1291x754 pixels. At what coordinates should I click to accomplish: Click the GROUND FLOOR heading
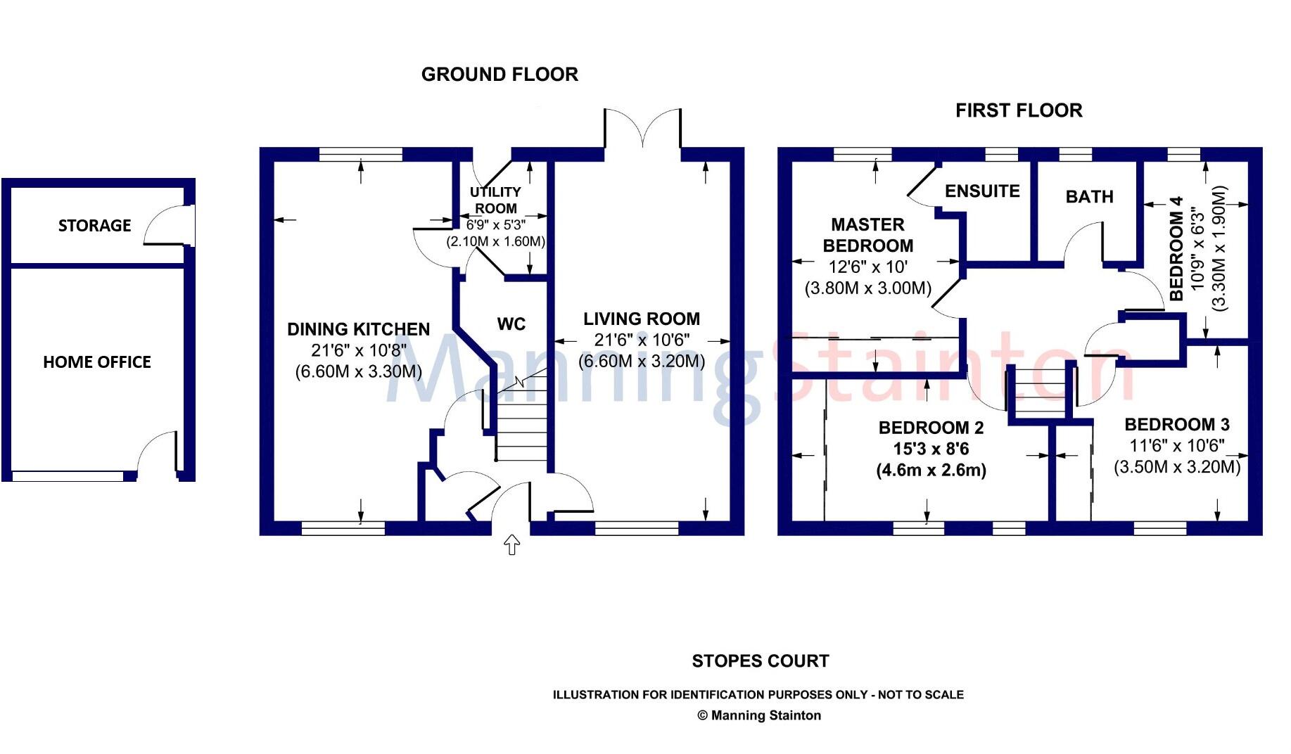click(500, 75)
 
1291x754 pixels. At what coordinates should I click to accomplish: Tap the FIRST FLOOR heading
click(1018, 110)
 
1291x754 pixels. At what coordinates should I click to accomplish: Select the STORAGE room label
click(94, 226)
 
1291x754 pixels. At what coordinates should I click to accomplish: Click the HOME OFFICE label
click(97, 362)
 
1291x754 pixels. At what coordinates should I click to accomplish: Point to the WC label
click(511, 324)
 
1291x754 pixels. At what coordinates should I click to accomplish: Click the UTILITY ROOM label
click(495, 200)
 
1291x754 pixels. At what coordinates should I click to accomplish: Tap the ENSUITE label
click(982, 191)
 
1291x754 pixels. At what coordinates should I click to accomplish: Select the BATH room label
click(1089, 197)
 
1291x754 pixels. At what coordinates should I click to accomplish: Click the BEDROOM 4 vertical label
click(1176, 248)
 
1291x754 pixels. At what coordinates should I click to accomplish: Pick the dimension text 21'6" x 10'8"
click(359, 350)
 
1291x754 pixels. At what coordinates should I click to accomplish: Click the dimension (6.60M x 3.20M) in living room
click(642, 362)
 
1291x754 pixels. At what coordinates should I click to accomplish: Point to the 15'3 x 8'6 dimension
click(931, 449)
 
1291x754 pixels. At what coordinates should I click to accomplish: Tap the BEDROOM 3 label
click(1177, 424)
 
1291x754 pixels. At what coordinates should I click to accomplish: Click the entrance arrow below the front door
click(512, 545)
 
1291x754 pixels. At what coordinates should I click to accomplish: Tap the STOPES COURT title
click(760, 661)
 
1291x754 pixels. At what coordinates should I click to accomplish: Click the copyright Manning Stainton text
click(758, 715)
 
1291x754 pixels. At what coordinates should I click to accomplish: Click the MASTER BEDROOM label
click(867, 235)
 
